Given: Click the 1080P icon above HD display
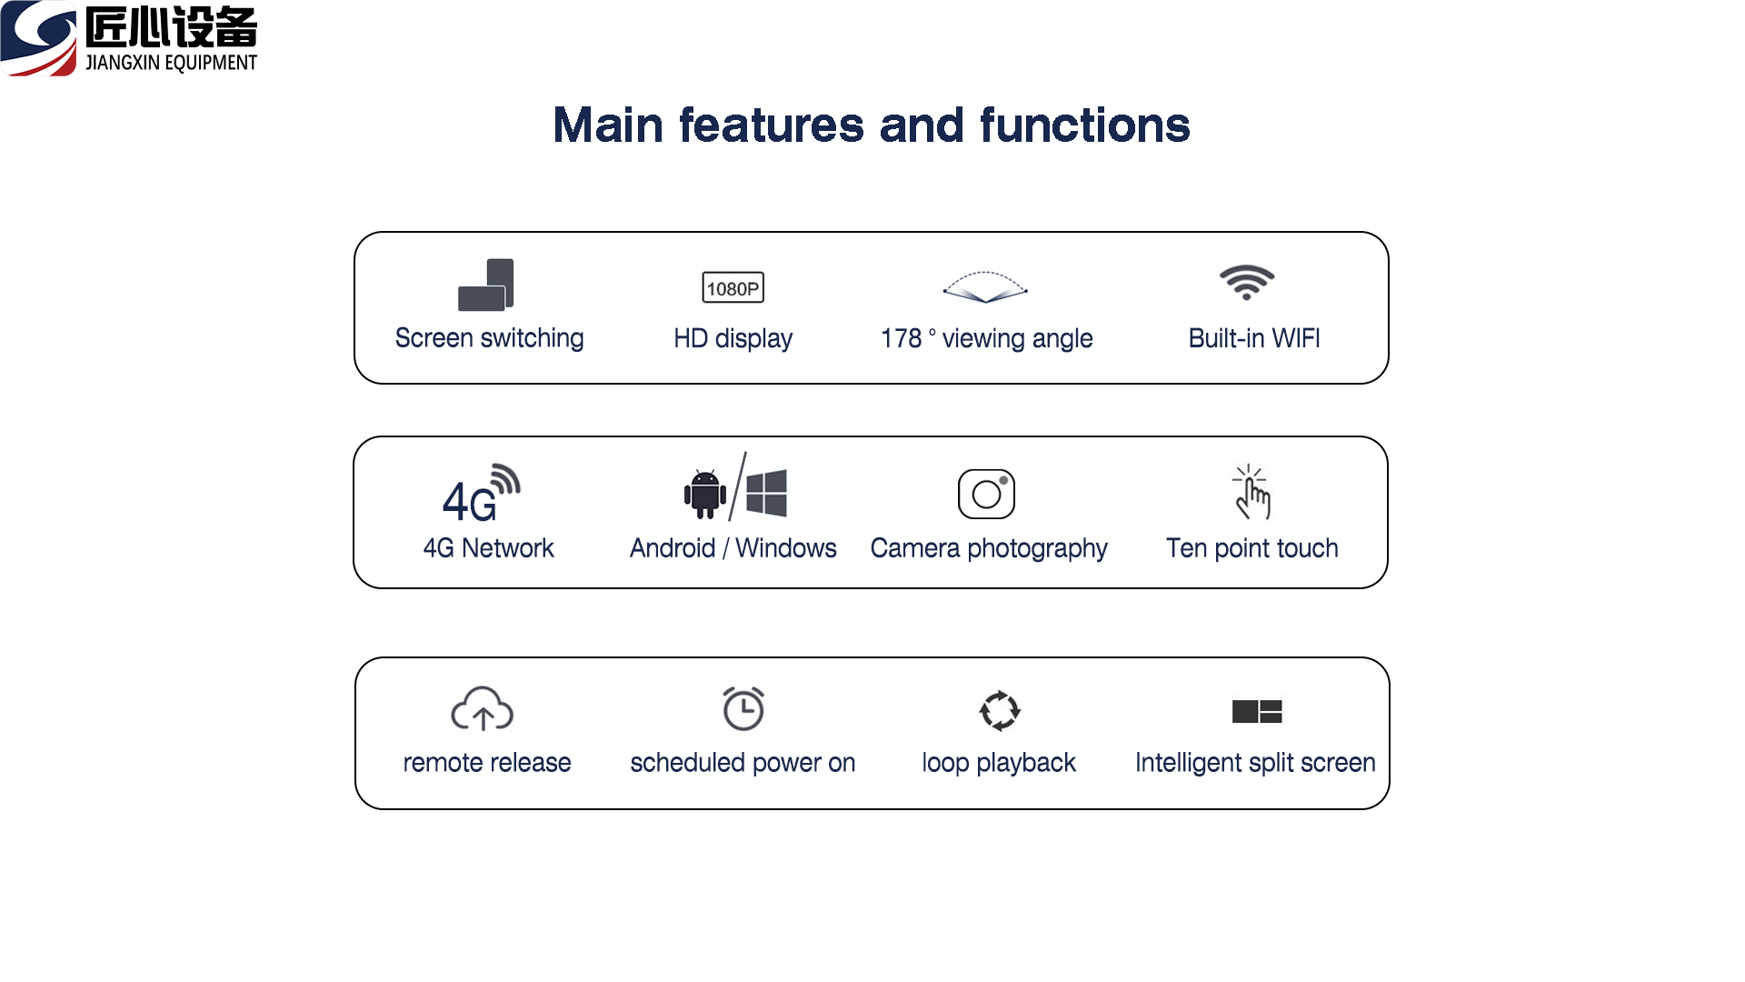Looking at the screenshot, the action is pyautogui.click(x=733, y=287).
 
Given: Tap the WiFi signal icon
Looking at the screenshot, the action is pyautogui.click(x=1246, y=282).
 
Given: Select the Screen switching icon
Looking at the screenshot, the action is pyautogui.click(x=485, y=285).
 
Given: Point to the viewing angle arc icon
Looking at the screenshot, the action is pyautogui.click(x=985, y=286).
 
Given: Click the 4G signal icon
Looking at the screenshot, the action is pyautogui.click(x=481, y=494).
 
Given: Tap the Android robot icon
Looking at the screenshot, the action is pyautogui.click(x=704, y=494).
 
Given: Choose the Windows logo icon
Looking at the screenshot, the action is pyautogui.click(x=766, y=493).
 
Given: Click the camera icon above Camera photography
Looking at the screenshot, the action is pyautogui.click(x=986, y=494).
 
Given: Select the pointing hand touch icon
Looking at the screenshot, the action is pyautogui.click(x=1251, y=492).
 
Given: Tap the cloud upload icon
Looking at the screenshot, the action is pyautogui.click(x=482, y=709).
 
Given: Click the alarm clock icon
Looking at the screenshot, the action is pyautogui.click(x=743, y=708).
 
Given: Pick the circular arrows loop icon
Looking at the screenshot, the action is pyautogui.click(x=999, y=710).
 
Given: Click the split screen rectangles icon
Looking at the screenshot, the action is pyautogui.click(x=1257, y=711).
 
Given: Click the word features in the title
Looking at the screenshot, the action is pyautogui.click(x=772, y=125).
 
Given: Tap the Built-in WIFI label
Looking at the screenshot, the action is pyautogui.click(x=1254, y=338).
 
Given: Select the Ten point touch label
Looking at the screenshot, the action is pyautogui.click(x=1251, y=548).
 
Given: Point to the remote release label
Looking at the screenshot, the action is pyautogui.click(x=487, y=762).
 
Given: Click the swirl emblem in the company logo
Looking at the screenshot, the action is pyautogui.click(x=39, y=38).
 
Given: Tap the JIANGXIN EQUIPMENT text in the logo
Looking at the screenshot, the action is pyautogui.click(x=171, y=63).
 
